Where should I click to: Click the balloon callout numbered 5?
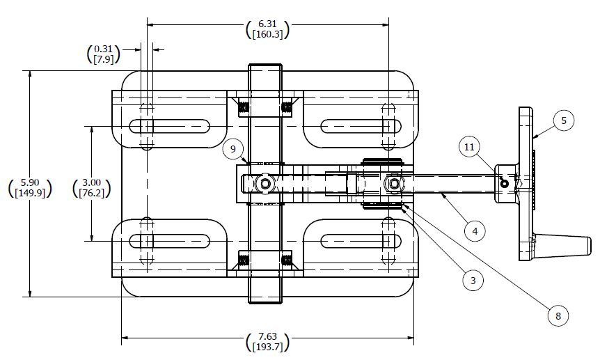point(564,120)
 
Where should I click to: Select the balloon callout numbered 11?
point(470,147)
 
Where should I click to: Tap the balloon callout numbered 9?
point(234,148)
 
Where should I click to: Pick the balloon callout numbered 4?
point(475,229)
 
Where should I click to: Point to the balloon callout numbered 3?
point(473,281)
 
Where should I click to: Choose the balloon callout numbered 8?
point(557,315)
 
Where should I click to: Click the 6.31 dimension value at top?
point(268,23)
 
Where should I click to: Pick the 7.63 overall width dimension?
point(268,336)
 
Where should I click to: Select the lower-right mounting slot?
point(361,241)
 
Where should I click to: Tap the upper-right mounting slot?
point(361,126)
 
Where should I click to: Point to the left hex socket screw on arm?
point(265,184)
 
